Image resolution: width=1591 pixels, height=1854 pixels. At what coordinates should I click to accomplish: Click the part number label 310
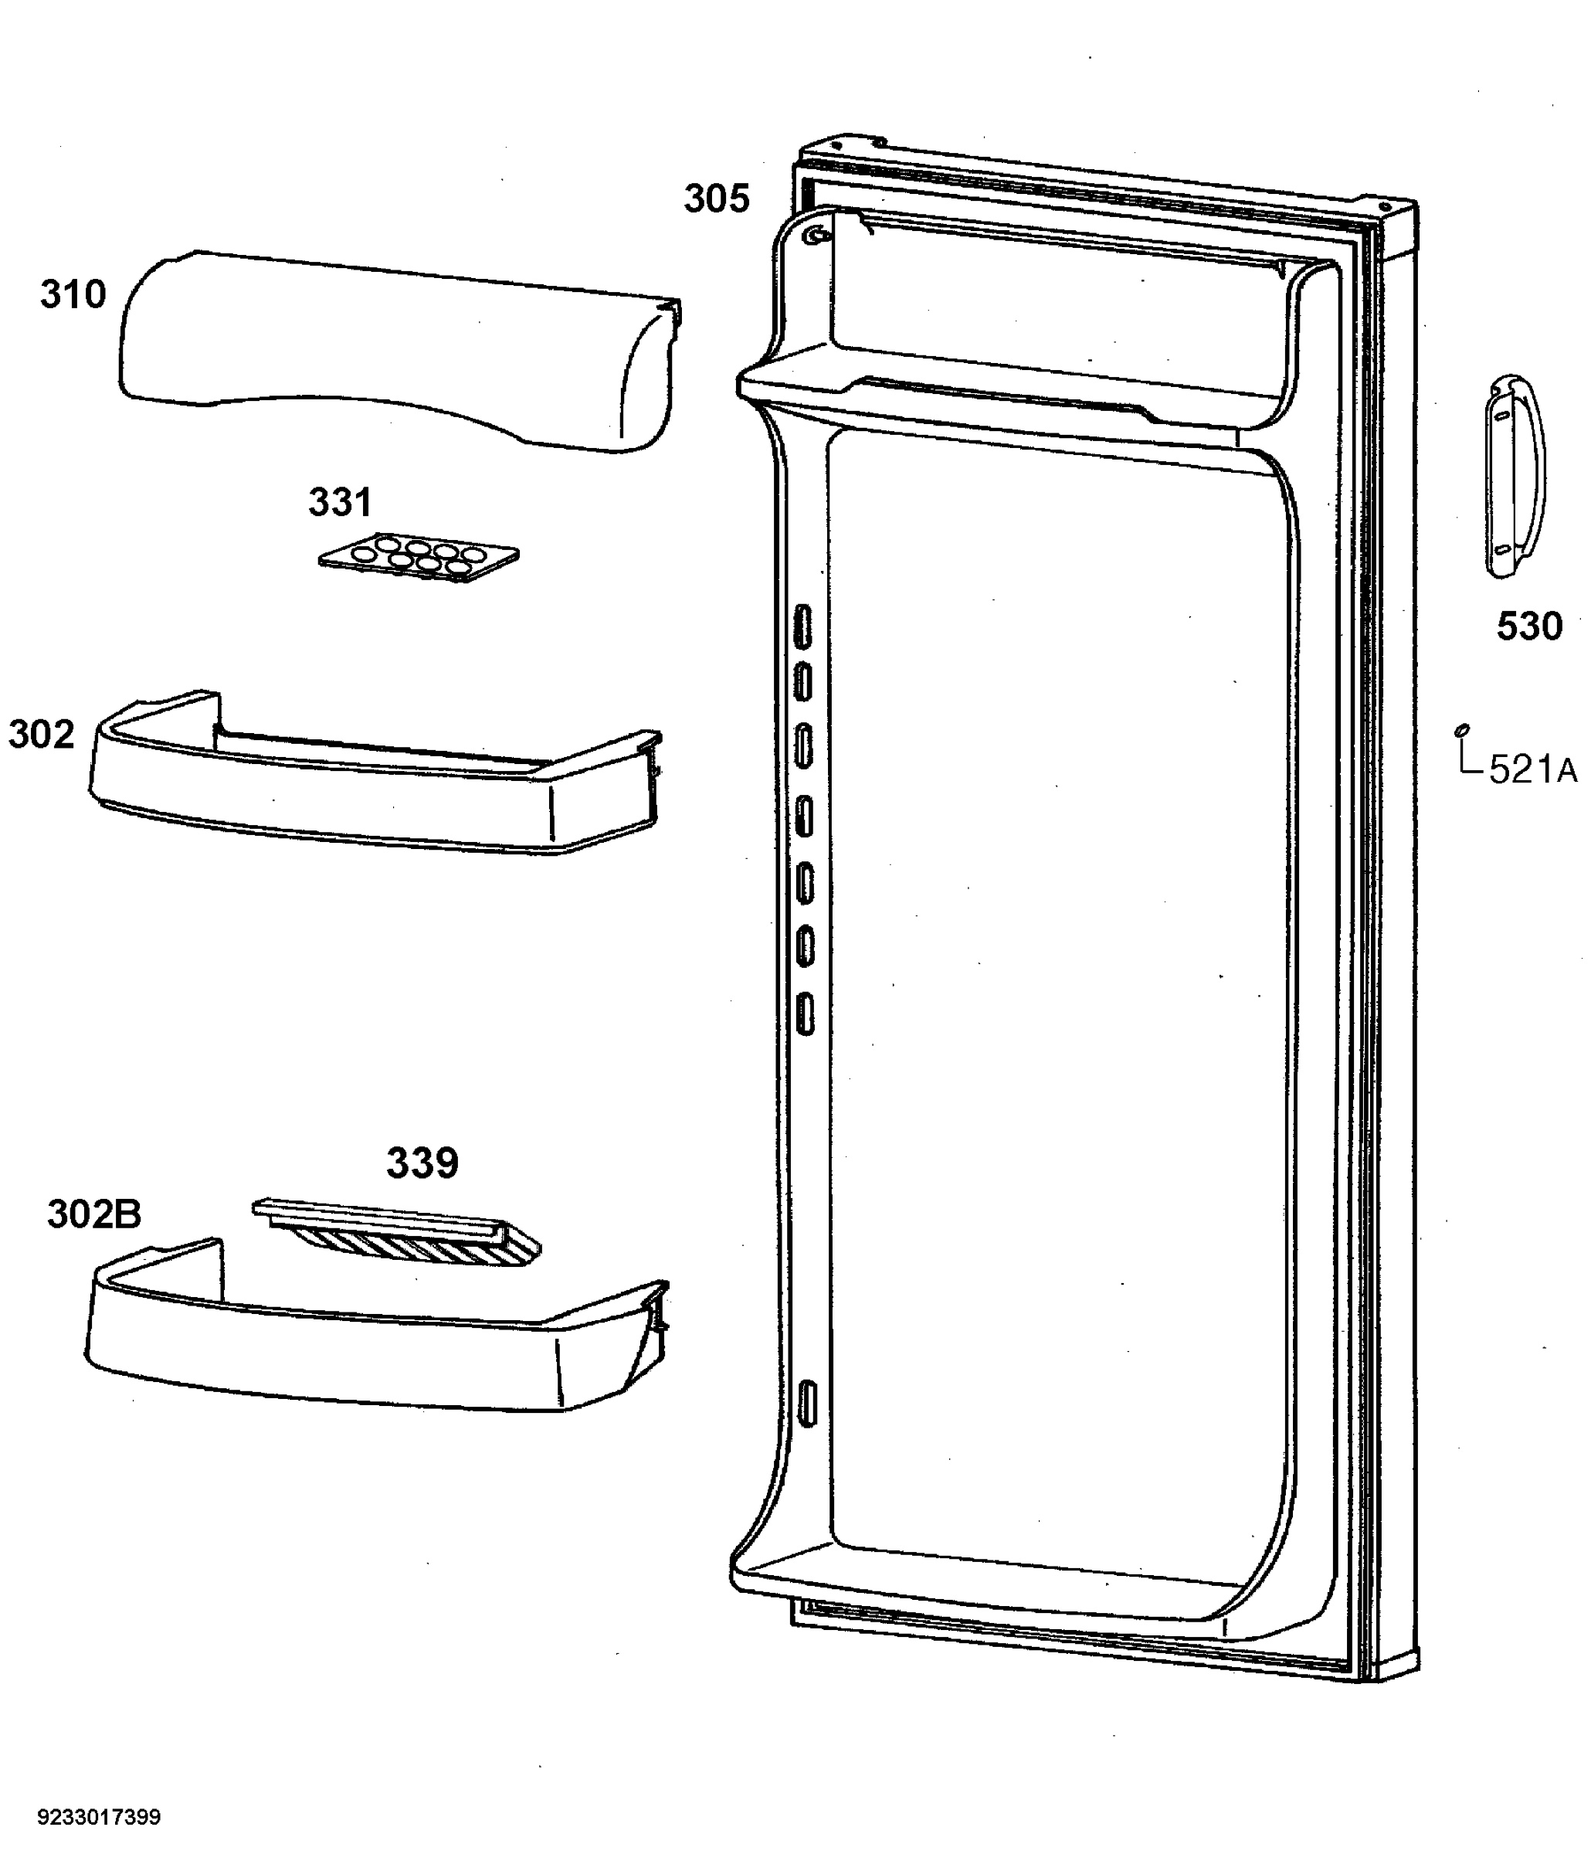pos(73,294)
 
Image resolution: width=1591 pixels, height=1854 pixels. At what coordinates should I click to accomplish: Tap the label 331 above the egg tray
pos(340,503)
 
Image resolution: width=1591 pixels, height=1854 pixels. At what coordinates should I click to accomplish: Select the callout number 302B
pos(94,1214)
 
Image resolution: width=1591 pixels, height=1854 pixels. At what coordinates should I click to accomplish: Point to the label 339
pos(422,1163)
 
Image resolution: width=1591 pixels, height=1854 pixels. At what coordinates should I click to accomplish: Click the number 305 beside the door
pos(717,199)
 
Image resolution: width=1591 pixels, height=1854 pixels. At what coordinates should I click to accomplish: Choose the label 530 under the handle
pos(1529,626)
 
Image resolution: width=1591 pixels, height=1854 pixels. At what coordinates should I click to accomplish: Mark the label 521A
pos(1533,769)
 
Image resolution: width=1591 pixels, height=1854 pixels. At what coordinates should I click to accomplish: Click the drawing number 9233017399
pos(100,1818)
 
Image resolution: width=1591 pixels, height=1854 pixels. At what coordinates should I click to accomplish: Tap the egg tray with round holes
pos(419,556)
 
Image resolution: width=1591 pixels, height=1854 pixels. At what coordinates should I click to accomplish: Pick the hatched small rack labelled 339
pos(397,1234)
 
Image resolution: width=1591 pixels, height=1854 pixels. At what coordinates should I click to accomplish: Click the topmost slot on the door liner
pos(802,626)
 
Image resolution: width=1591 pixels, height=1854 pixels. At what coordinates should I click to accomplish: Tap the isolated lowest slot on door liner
pos(807,1403)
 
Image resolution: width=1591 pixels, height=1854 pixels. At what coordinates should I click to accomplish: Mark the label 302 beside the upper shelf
pos(41,735)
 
